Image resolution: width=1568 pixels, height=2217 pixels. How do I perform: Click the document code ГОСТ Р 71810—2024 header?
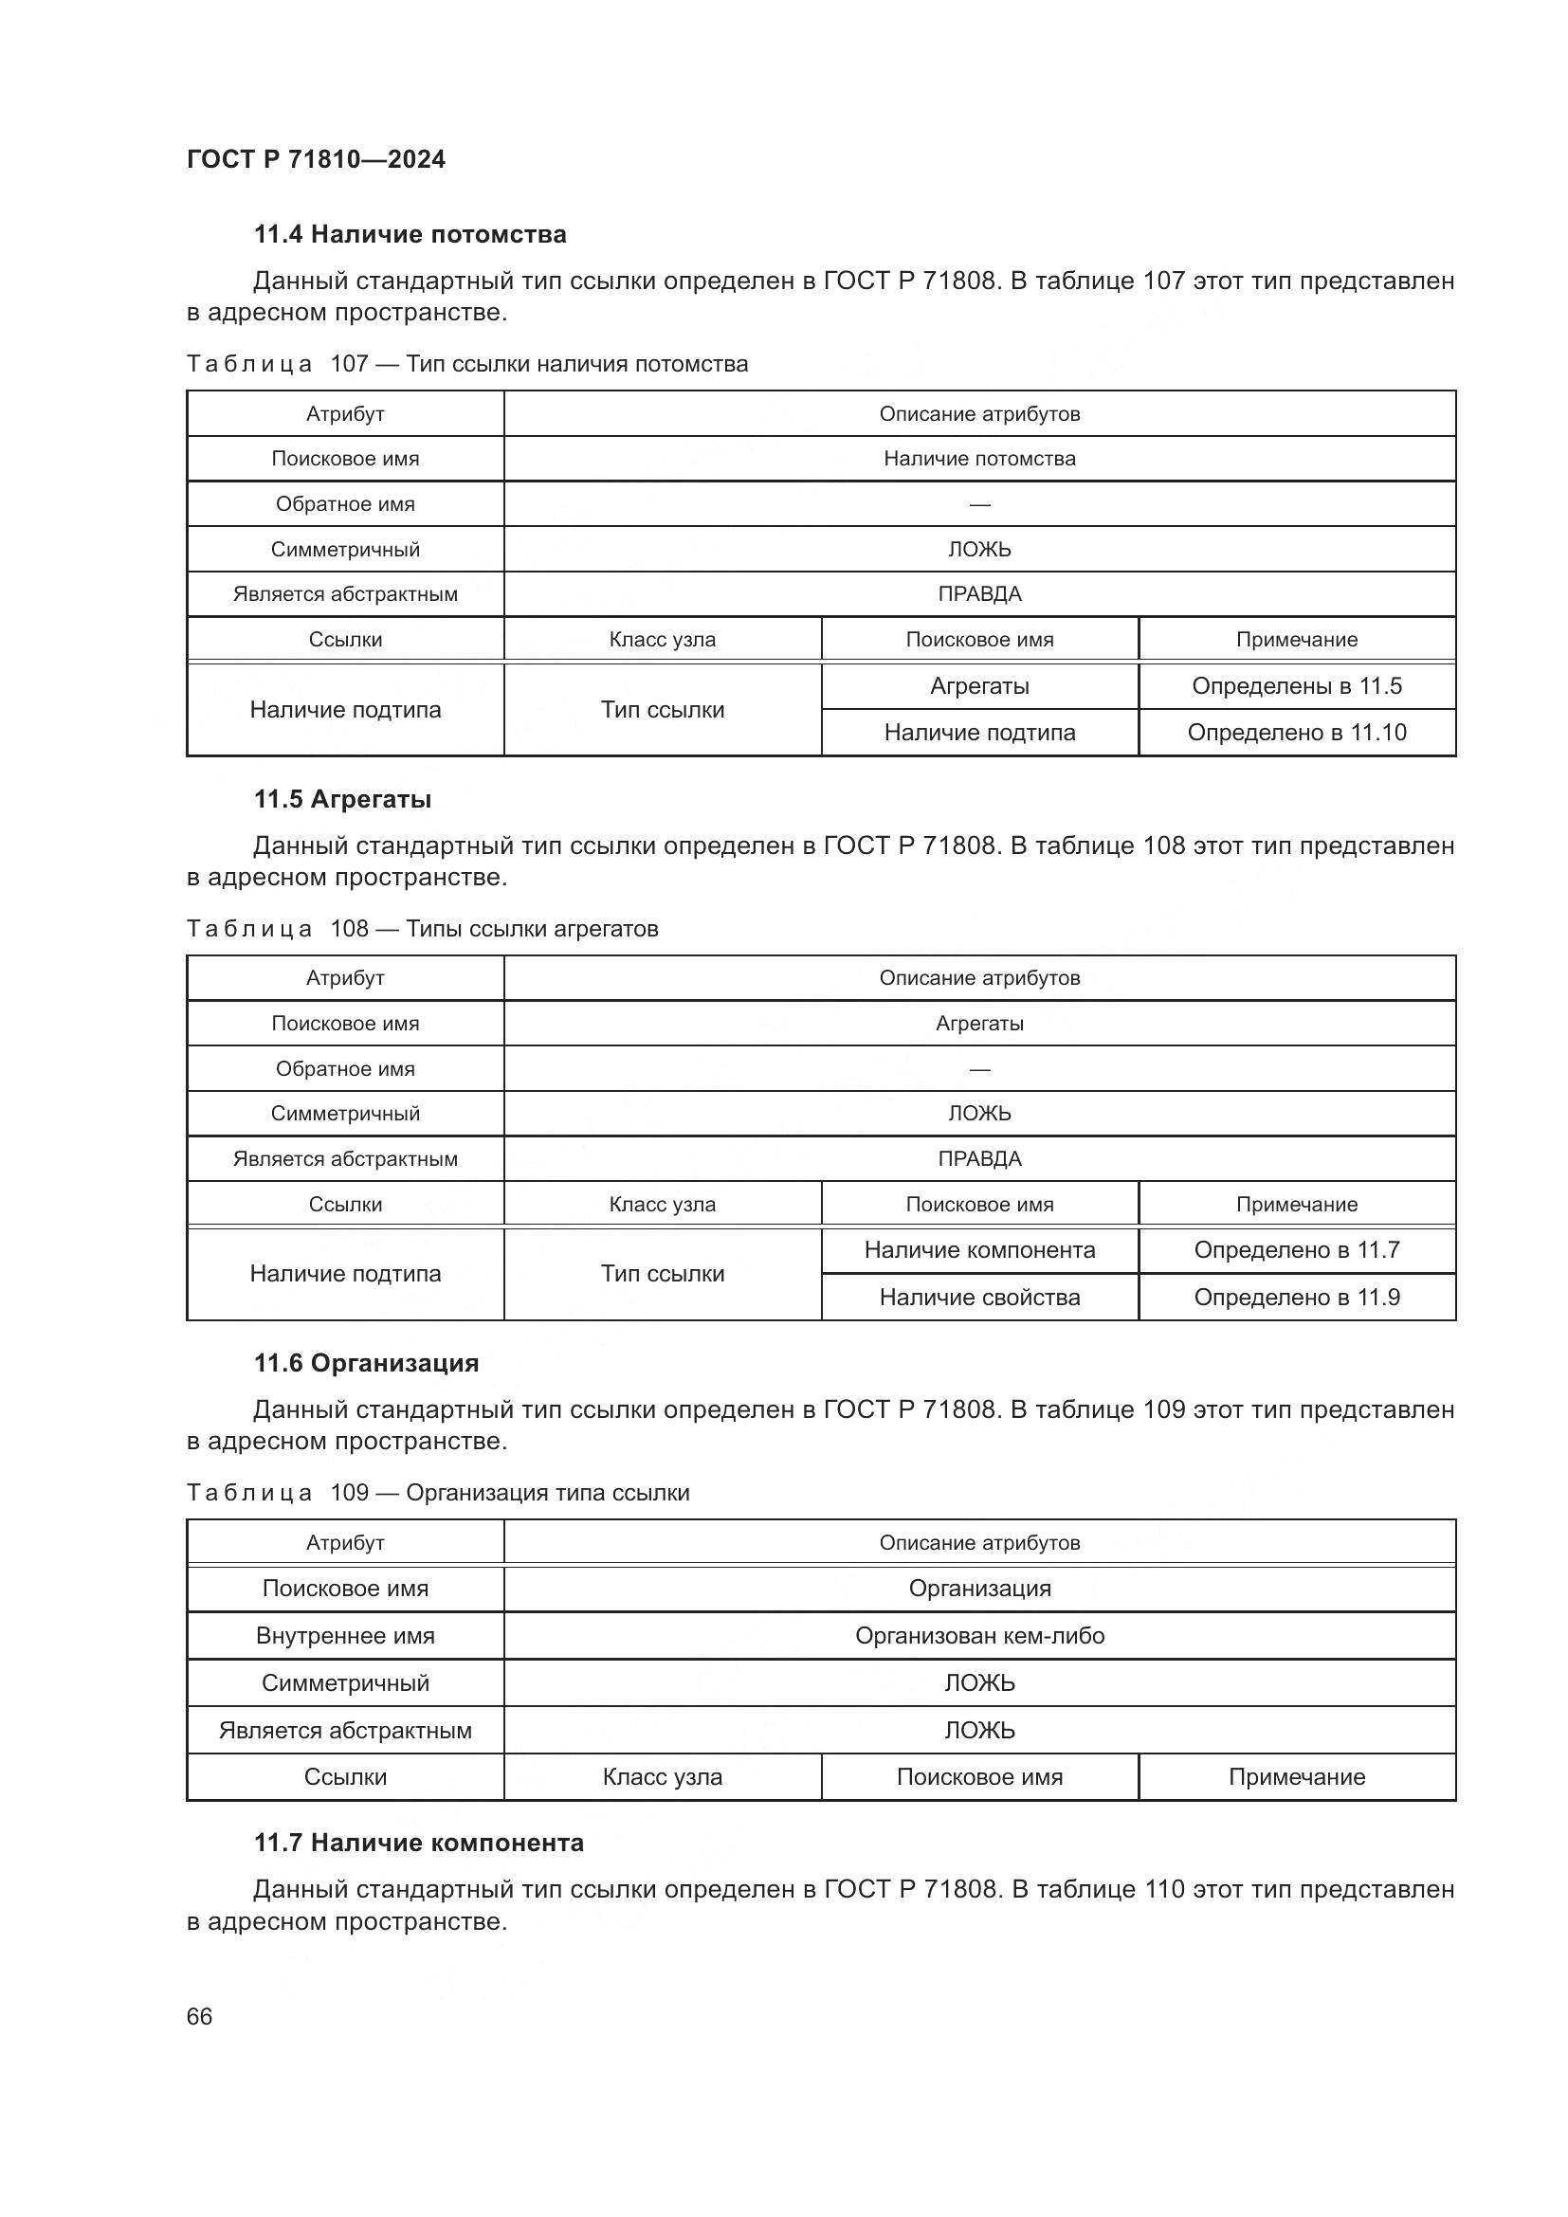tap(316, 159)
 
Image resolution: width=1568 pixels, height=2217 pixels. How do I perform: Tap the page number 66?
tap(199, 2016)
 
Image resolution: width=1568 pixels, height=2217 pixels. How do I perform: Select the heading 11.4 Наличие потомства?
tap(410, 235)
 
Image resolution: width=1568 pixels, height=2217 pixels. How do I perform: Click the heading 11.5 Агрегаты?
tap(343, 800)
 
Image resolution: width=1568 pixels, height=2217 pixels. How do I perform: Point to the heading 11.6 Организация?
tap(366, 1363)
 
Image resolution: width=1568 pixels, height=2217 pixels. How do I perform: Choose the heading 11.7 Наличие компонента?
tap(418, 1843)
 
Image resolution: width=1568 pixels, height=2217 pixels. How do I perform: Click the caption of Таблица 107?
tap(466, 364)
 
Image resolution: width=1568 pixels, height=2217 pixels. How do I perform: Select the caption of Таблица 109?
tap(437, 1493)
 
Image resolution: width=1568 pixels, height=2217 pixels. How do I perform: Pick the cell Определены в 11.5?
tap(1296, 686)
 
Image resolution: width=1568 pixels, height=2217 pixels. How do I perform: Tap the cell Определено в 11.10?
tap(1296, 733)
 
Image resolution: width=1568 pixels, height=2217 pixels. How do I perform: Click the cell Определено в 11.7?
tap(1296, 1250)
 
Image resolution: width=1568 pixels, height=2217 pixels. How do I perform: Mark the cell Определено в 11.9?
tap(1296, 1298)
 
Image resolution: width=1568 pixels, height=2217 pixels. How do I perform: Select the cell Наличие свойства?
tap(979, 1298)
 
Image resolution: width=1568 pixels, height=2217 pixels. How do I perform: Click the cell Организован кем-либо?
tap(979, 1636)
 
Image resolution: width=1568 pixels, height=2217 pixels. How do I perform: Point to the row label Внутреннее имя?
tap(345, 1636)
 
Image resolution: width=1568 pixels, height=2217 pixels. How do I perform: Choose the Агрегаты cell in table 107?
tap(979, 686)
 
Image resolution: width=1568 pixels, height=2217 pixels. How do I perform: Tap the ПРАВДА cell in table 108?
tap(979, 1158)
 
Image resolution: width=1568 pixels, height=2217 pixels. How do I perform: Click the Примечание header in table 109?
tap(1296, 1776)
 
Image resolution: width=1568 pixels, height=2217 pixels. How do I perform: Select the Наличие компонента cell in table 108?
tap(979, 1250)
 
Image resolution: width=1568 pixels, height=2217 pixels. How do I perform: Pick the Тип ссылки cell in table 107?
tap(663, 710)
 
